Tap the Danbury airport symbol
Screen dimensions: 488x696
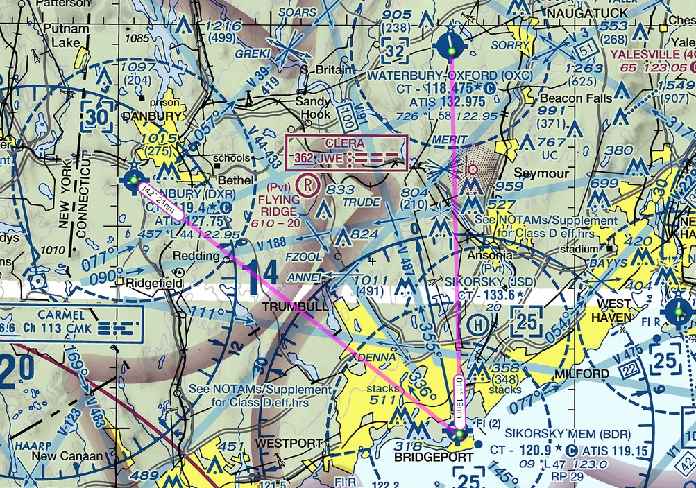tap(133, 180)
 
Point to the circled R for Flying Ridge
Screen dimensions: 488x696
tap(305, 185)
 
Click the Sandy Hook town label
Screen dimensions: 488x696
tap(313, 106)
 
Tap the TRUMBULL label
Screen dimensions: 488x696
tap(291, 306)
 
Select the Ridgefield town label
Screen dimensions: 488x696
tap(154, 283)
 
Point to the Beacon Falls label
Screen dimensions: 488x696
tap(576, 98)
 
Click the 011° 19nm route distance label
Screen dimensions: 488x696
tap(459, 399)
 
